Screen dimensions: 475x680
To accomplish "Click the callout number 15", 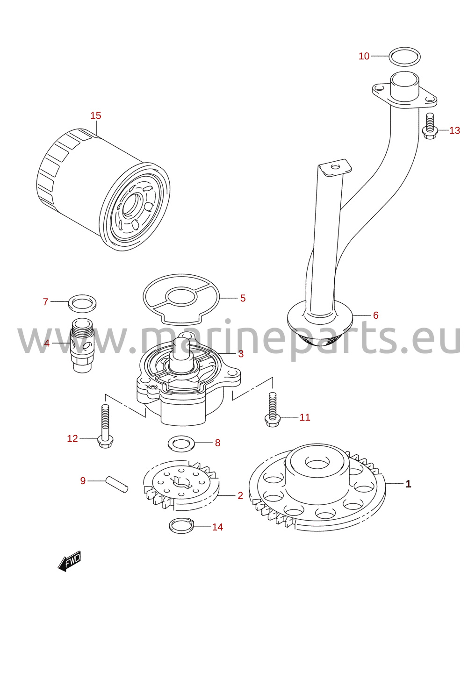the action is [x=96, y=115].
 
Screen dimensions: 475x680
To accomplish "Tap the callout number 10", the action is [x=364, y=56].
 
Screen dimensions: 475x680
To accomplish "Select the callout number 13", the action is [x=454, y=130].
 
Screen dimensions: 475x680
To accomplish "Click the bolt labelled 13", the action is [x=430, y=126].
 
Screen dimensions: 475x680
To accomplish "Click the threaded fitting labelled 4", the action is [x=82, y=345].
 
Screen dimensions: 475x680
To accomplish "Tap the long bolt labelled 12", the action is [x=105, y=427].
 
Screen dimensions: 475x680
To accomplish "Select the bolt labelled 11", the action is [x=273, y=410].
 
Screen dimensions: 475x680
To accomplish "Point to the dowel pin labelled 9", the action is [x=117, y=485].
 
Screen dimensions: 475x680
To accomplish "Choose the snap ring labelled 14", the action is [x=181, y=531].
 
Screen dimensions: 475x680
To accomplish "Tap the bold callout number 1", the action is [x=409, y=484].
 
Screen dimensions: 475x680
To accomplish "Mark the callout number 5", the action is [x=243, y=298].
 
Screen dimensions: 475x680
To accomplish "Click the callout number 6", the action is [x=376, y=315].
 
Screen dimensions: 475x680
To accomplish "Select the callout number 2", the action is [x=240, y=496].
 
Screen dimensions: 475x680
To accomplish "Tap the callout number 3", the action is [x=241, y=354].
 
